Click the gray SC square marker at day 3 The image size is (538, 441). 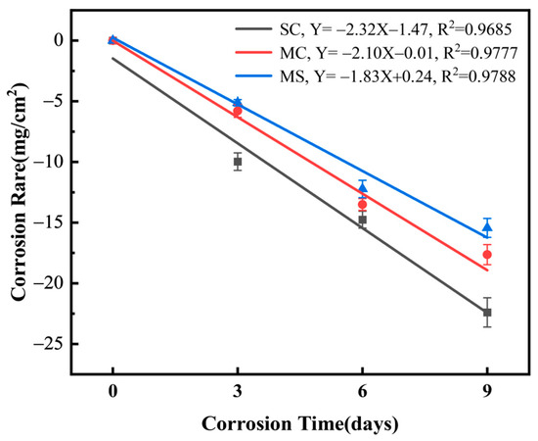tap(238, 161)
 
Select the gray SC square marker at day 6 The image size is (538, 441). tap(362, 220)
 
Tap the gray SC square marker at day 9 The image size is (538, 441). tap(487, 313)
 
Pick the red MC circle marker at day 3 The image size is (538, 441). tap(238, 111)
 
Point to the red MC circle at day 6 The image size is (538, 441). tap(362, 205)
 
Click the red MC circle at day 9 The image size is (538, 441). tap(487, 255)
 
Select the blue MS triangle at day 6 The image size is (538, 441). tap(362, 188)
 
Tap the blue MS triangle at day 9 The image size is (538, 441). tap(487, 226)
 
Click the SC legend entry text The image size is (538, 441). tap(395, 29)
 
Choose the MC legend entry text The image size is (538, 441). tap(398, 53)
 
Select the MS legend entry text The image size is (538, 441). tap(398, 76)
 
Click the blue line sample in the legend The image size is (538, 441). tap(253, 76)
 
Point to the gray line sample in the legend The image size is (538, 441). tap(253, 28)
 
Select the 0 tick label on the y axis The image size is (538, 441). tap(60, 40)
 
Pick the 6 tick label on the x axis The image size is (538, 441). tap(362, 392)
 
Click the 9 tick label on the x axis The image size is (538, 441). tap(487, 392)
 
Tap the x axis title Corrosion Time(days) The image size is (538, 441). tap(300, 424)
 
